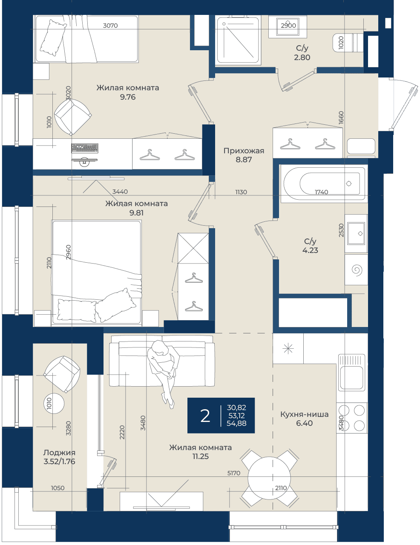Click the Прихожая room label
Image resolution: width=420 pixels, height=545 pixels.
coord(244,151)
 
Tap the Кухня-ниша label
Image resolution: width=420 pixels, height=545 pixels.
coord(304,414)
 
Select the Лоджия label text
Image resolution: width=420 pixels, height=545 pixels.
coord(59,453)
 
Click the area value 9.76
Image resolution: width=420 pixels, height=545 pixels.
coord(128,97)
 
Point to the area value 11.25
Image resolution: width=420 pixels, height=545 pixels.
coord(201,456)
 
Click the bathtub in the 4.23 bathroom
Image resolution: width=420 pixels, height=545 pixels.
coord(324,184)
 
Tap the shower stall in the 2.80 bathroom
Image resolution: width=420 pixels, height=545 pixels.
coord(238,40)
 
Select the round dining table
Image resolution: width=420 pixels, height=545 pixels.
coord(269,478)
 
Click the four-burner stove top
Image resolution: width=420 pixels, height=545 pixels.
coord(352,418)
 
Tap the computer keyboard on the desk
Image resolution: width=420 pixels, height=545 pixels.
coord(84,148)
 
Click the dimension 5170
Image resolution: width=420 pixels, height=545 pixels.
coord(233,473)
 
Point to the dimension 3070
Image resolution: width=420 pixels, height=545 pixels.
coord(110,25)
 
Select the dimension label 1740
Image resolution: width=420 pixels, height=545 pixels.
coord(322,192)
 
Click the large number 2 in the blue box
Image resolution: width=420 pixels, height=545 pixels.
coord(205,416)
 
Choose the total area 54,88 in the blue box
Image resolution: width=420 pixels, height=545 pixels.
coord(236,423)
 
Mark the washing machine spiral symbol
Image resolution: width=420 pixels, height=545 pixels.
coord(357,270)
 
